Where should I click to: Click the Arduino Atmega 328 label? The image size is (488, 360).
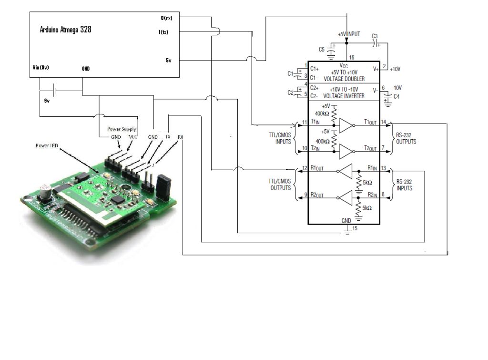click(x=65, y=30)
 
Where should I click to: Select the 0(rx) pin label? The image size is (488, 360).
click(x=166, y=18)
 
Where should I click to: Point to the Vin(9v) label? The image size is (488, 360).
click(x=41, y=67)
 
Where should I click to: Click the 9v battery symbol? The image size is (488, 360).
click(x=54, y=89)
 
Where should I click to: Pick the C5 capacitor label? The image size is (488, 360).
click(x=322, y=49)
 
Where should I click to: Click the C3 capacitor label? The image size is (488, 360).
click(x=374, y=36)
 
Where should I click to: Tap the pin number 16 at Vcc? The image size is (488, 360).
click(x=351, y=57)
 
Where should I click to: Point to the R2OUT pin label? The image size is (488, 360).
click(x=317, y=195)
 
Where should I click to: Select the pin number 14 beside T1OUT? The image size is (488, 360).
click(x=383, y=123)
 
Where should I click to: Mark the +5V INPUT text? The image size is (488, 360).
click(x=349, y=35)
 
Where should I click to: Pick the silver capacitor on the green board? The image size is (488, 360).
click(x=47, y=190)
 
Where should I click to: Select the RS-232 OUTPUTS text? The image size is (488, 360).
click(x=406, y=138)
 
